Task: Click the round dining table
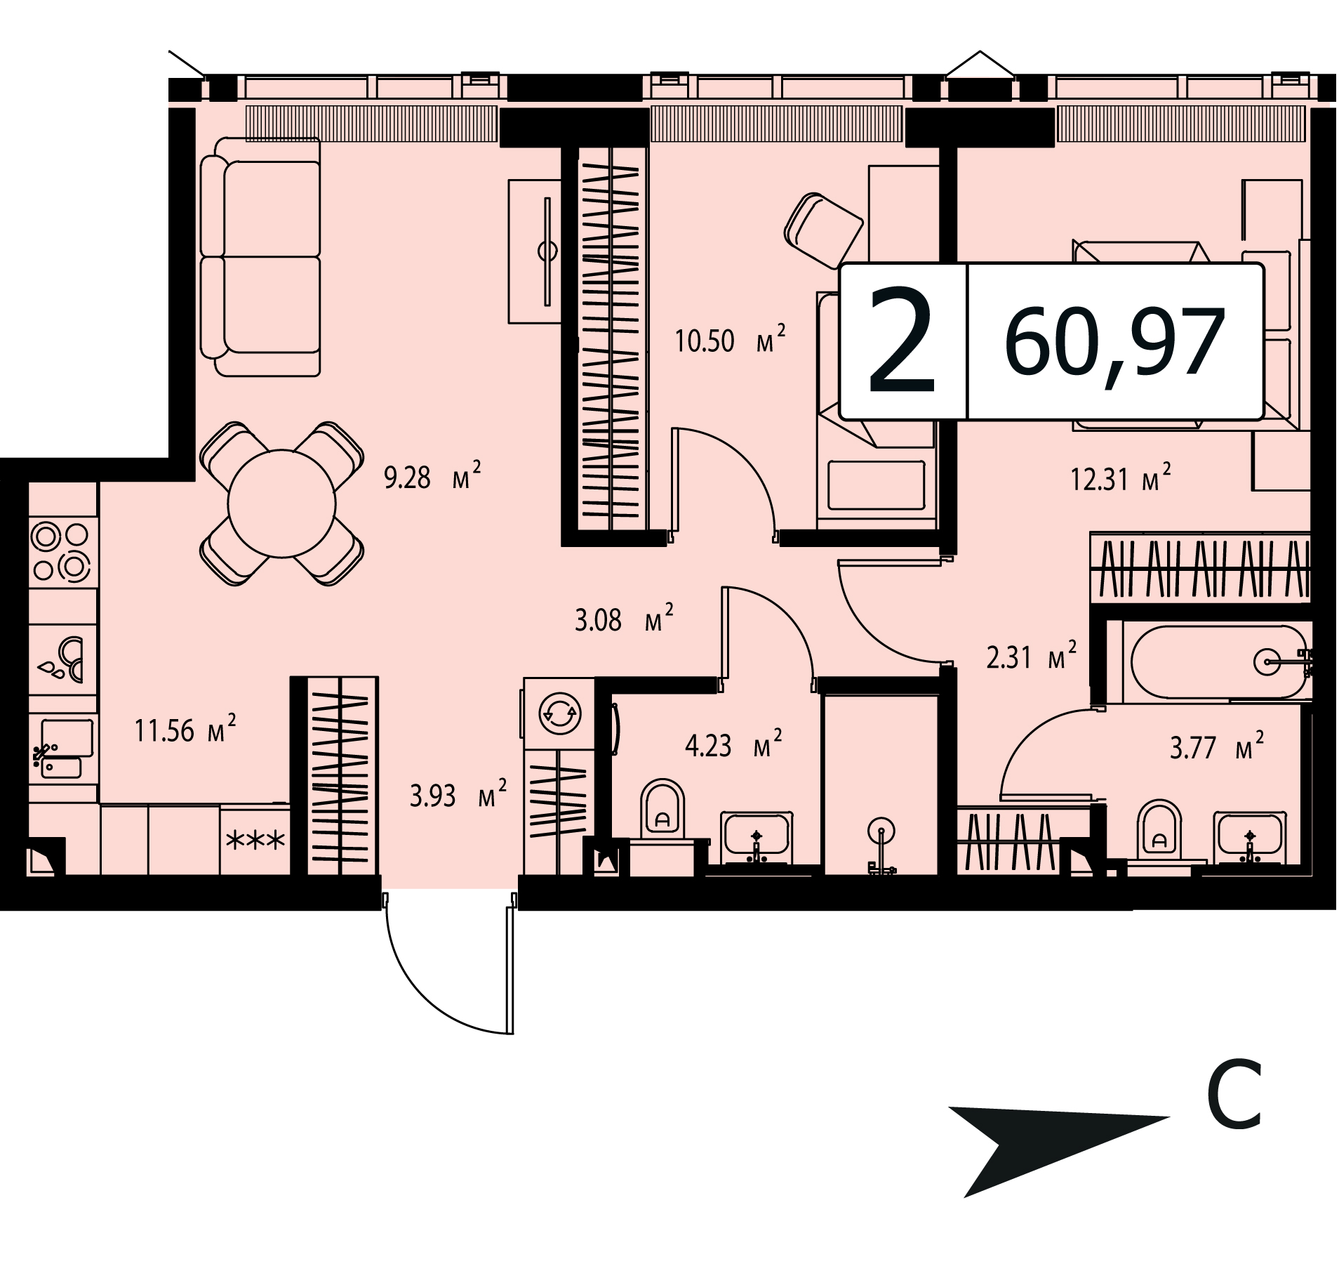[x=282, y=503]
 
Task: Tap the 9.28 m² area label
[x=432, y=478]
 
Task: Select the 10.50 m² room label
[x=731, y=340]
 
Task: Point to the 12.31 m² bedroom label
[x=1121, y=480]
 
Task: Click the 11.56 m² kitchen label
[x=185, y=731]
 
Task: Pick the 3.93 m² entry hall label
[x=458, y=796]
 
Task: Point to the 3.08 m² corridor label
[x=624, y=620]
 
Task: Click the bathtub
[x=1220, y=661]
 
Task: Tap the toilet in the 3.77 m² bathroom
[x=1160, y=829]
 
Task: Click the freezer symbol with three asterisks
[x=255, y=839]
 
